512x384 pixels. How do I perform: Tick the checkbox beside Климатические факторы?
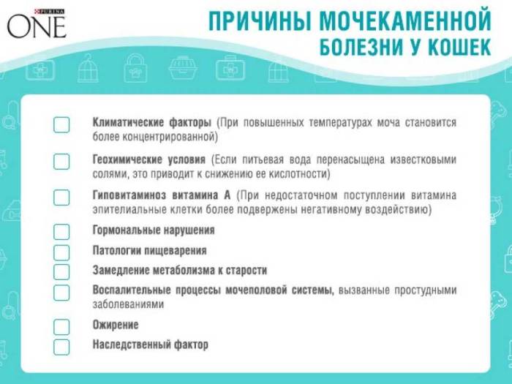click(x=61, y=124)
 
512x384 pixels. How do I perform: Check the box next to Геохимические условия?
click(x=61, y=162)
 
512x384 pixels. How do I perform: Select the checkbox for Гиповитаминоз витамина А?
click(x=61, y=197)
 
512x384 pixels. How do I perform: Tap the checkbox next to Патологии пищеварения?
click(x=61, y=252)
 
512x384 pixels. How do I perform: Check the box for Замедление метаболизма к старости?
click(x=61, y=272)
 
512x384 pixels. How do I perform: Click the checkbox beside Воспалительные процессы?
click(x=61, y=293)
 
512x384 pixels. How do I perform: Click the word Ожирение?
click(x=116, y=324)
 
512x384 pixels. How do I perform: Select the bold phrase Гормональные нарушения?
click(x=154, y=230)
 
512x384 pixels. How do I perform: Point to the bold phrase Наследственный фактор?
click(x=151, y=344)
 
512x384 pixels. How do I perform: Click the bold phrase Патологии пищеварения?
click(x=145, y=250)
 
